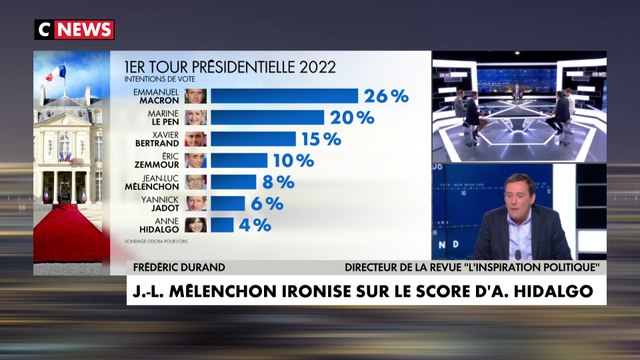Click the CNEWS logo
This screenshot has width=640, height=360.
[x=75, y=30]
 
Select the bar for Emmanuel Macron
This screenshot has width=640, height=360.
[x=283, y=96]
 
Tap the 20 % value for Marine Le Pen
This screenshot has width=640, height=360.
[x=352, y=117]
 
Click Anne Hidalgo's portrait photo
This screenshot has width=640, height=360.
[x=196, y=225]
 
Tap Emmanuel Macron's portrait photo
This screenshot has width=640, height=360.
[x=196, y=96]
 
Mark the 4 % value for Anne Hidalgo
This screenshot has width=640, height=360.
[x=254, y=225]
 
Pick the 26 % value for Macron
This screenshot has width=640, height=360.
[x=386, y=96]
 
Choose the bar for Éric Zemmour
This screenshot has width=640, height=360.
[x=238, y=160]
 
